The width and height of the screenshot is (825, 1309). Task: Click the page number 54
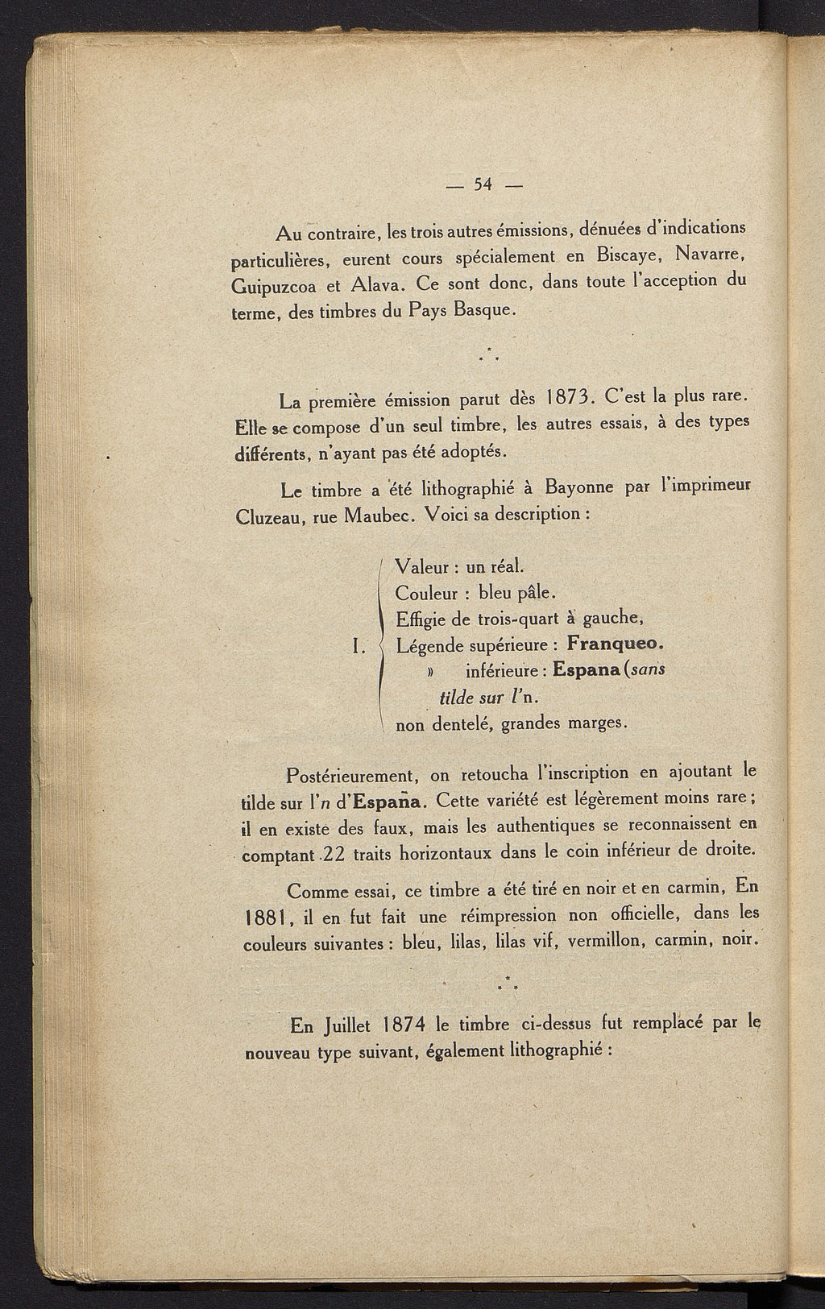(483, 184)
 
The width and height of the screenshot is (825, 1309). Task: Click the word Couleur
(427, 594)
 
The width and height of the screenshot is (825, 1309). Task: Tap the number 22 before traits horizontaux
(335, 854)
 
